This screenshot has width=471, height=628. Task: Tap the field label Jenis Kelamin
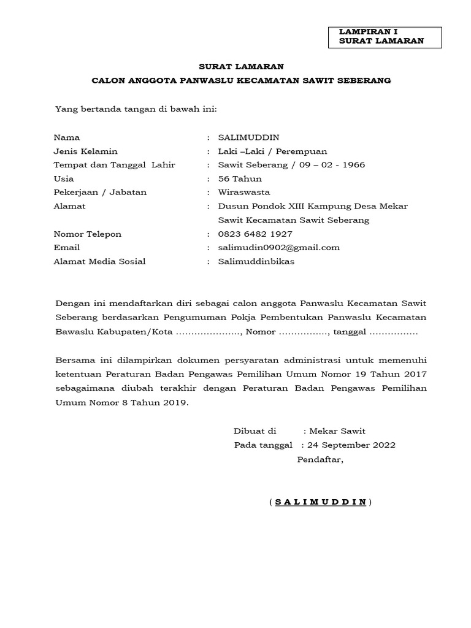85,151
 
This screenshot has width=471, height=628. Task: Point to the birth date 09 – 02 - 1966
332,165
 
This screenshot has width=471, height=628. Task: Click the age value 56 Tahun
240,179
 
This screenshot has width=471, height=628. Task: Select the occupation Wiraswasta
244,193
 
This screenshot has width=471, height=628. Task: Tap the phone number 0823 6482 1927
255,234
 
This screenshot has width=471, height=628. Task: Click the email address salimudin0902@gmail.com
279,248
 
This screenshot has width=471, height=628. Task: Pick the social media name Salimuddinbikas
256,262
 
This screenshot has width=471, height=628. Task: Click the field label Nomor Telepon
88,234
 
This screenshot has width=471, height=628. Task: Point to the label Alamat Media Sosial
99,262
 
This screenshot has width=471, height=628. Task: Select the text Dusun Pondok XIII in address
256,207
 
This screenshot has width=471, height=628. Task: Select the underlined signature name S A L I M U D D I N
320,502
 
